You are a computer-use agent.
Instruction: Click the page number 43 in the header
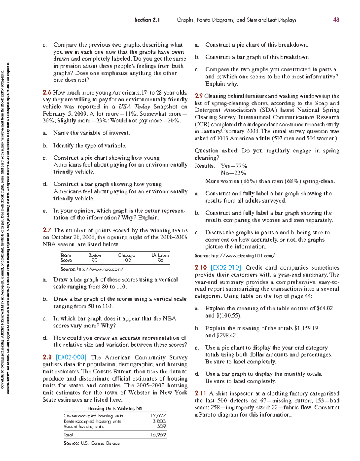pyautogui.click(x=336, y=20)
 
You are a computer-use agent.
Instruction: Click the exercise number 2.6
pyautogui.click(x=47, y=93)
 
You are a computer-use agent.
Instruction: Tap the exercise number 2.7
pyautogui.click(x=47, y=230)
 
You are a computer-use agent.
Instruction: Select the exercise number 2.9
pyautogui.click(x=199, y=96)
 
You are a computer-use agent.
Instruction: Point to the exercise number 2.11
pyautogui.click(x=200, y=393)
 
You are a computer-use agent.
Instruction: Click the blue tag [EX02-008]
pyautogui.click(x=71, y=357)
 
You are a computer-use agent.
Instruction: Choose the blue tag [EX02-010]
pyautogui.click(x=226, y=267)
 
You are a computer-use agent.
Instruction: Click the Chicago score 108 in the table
pyautogui.click(x=127, y=261)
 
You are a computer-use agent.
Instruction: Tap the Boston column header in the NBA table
pyautogui.click(x=95, y=255)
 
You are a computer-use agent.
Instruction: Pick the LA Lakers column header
pyautogui.click(x=160, y=255)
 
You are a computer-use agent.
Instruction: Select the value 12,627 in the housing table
pyautogui.click(x=158, y=416)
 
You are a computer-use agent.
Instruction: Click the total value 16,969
pyautogui.click(x=158, y=435)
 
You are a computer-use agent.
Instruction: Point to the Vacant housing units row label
pyautogui.click(x=84, y=426)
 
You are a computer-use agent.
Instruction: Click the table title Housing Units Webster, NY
pyautogui.click(x=115, y=408)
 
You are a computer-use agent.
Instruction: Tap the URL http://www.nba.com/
pyautogui.click(x=100, y=269)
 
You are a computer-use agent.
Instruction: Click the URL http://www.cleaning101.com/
pyautogui.click(x=243, y=256)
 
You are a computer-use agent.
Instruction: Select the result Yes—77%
pyautogui.click(x=234, y=166)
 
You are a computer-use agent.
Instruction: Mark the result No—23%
pyautogui.click(x=233, y=173)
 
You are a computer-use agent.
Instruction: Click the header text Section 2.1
pyautogui.click(x=147, y=20)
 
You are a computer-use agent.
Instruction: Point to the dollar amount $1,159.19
pyautogui.click(x=306, y=328)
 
